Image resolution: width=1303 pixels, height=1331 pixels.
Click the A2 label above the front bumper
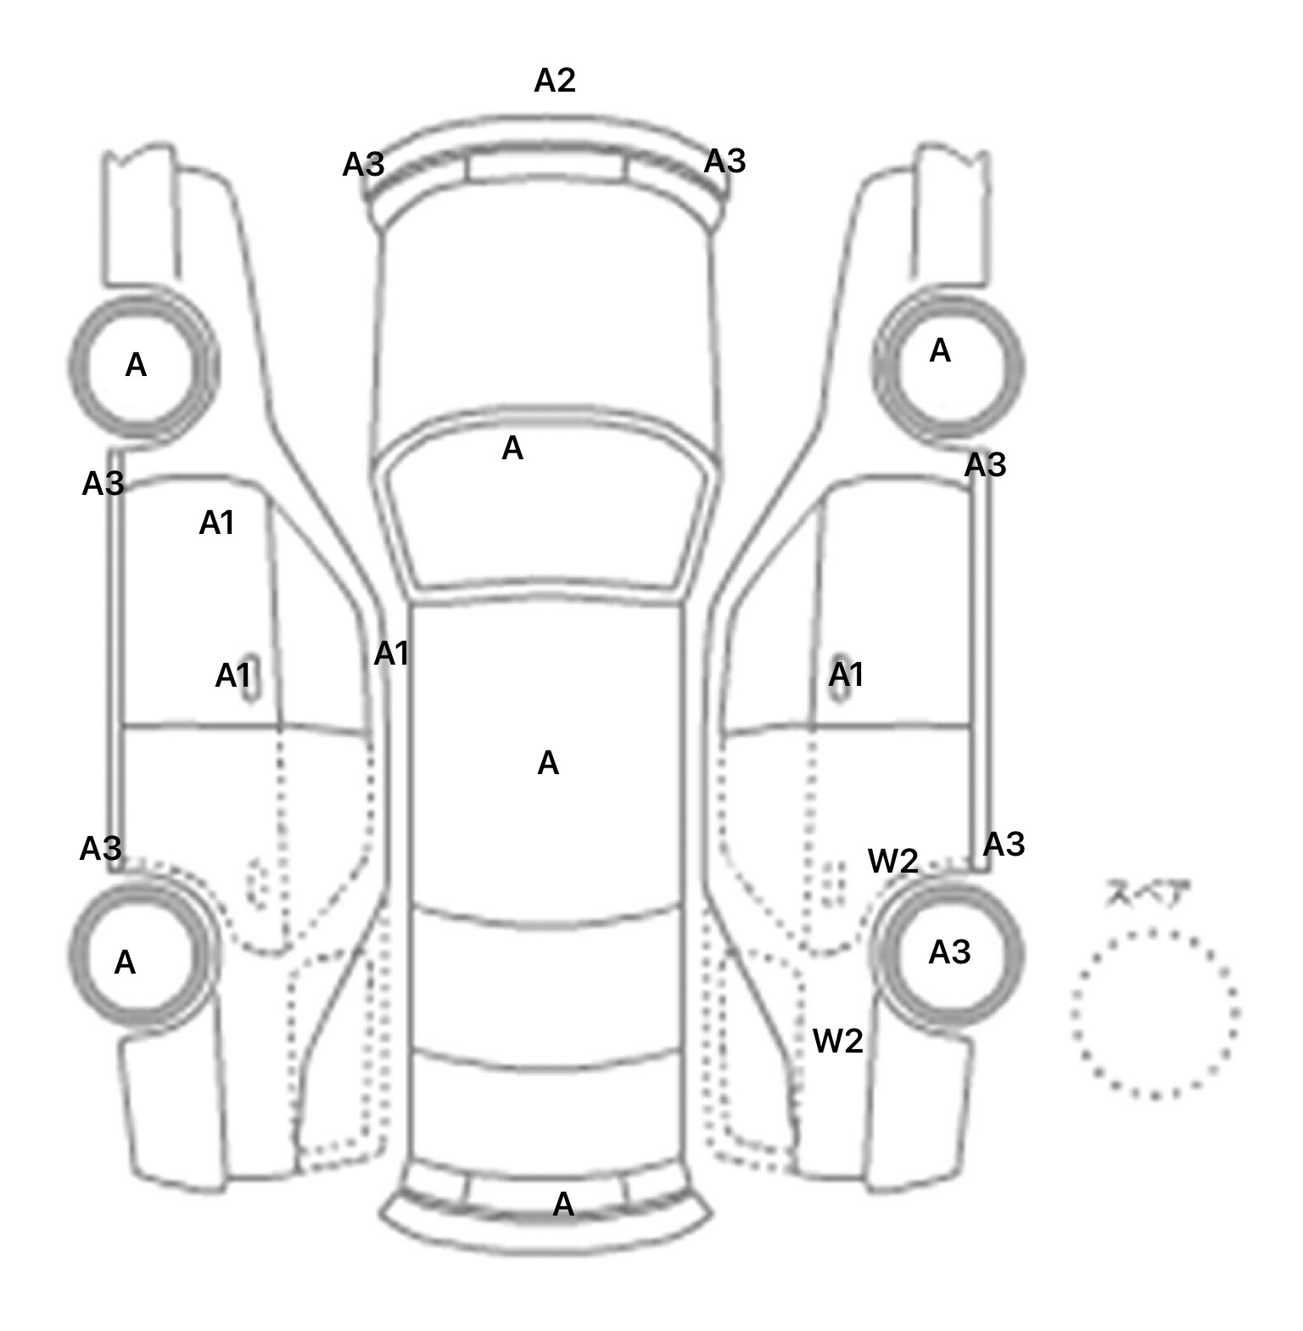(555, 81)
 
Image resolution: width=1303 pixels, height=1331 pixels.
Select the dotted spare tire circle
(1155, 1014)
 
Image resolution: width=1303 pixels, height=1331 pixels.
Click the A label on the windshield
(512, 448)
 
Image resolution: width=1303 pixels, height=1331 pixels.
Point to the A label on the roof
(548, 763)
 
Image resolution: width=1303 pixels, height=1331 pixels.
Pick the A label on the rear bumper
(563, 1204)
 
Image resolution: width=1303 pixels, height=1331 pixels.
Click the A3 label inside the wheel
(949, 952)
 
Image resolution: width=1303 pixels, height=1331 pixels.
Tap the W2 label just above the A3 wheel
(892, 861)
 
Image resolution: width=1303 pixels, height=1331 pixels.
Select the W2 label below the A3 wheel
(837, 1041)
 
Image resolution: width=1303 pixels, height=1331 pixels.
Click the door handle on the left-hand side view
(252, 679)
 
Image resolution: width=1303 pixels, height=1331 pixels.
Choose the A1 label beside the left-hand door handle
(232, 677)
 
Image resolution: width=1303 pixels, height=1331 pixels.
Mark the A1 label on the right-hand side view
(846, 675)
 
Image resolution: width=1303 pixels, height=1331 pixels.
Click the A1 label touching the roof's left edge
(391, 654)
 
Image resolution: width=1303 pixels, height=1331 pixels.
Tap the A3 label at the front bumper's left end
(363, 165)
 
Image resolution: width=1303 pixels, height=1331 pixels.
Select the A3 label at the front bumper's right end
(725, 160)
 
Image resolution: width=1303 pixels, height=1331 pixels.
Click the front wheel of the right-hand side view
(948, 367)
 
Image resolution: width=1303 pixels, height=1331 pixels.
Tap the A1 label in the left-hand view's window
(216, 523)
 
